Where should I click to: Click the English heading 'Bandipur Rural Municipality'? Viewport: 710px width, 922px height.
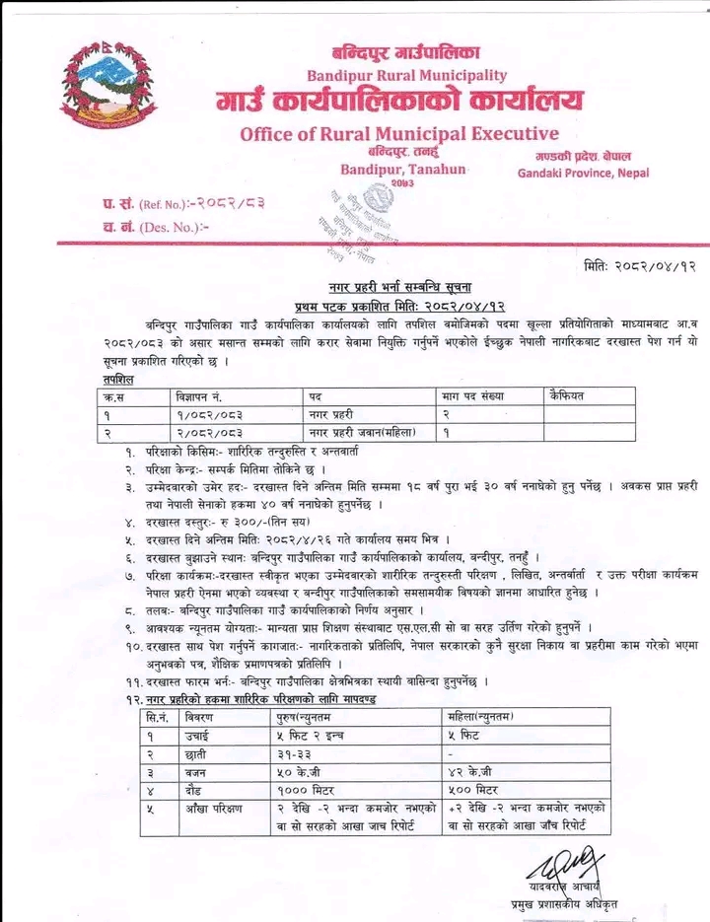click(x=406, y=75)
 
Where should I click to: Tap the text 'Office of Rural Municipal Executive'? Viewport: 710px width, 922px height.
click(x=399, y=133)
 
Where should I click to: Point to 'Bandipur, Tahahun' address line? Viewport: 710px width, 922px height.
click(x=402, y=171)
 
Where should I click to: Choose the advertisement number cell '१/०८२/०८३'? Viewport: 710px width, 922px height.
click(x=208, y=413)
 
